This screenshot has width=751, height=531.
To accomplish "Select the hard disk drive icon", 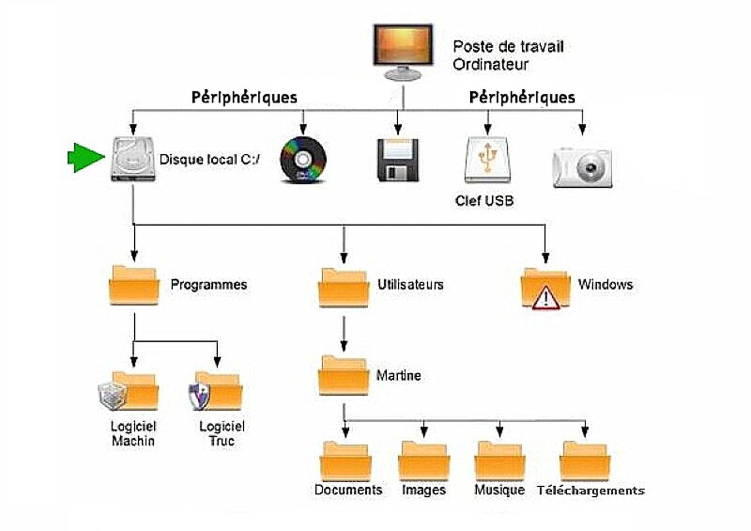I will (x=133, y=160).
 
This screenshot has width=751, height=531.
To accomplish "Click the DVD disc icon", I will (x=303, y=160).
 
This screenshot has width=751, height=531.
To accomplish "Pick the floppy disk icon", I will (x=398, y=160).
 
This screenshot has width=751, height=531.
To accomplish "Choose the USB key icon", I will (x=487, y=160).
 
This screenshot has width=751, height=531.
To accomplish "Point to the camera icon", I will (x=583, y=167).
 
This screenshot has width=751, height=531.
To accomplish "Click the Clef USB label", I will (x=484, y=201).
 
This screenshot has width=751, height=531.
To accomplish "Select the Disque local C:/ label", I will (x=209, y=160).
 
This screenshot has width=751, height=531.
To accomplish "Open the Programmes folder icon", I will (x=134, y=286).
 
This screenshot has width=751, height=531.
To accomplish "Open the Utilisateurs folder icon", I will (x=343, y=288).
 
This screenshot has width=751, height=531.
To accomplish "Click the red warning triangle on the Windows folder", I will (x=546, y=299).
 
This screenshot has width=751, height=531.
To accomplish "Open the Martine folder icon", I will (x=343, y=376).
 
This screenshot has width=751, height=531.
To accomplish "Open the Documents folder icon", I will (x=346, y=462).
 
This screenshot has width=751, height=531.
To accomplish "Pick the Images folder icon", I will (x=424, y=462).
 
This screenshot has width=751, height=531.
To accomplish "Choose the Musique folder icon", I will (x=500, y=462).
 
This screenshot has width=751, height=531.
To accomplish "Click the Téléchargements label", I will (x=591, y=490).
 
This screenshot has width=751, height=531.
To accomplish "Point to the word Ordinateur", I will (x=491, y=65).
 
